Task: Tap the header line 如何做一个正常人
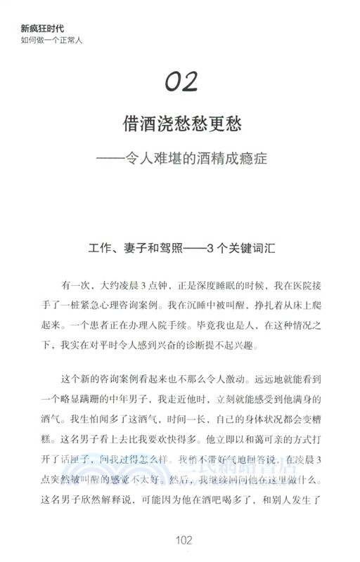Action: (x=52, y=40)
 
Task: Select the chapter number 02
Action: (x=181, y=82)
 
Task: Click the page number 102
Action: (x=181, y=540)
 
